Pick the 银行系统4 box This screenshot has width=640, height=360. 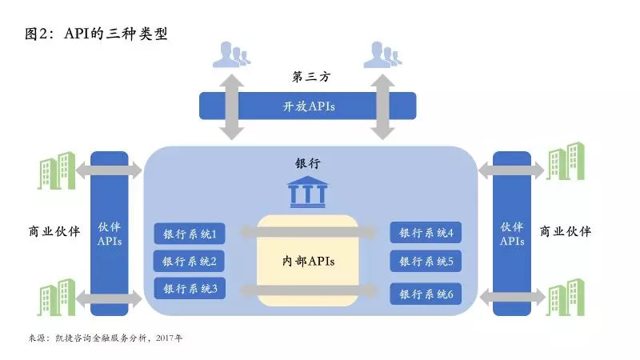[426, 234]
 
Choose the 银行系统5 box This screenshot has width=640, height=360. [426, 261]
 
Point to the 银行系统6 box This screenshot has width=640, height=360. [426, 294]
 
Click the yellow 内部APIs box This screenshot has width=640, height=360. [307, 261]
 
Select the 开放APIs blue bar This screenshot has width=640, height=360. [307, 106]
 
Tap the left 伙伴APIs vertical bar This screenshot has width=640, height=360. [110, 233]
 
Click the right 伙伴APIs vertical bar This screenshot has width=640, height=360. [511, 233]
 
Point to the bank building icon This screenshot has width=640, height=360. [307, 193]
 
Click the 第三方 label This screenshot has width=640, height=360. [310, 78]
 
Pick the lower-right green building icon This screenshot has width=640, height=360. [564, 297]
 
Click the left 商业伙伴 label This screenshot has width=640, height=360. [54, 232]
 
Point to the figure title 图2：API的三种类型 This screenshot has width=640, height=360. [95, 34]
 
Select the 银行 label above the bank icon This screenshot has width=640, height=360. [308, 162]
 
